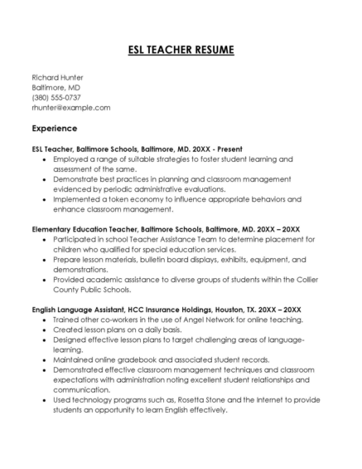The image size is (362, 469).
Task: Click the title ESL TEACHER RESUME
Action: click(x=181, y=51)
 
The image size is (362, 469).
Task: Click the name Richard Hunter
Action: click(x=57, y=77)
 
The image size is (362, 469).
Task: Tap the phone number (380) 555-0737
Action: click(x=56, y=97)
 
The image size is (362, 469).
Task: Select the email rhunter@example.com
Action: click(x=71, y=107)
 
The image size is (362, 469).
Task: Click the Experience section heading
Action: click(x=54, y=129)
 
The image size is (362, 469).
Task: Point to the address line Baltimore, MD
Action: click(x=56, y=87)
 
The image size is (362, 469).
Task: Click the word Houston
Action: click(x=229, y=309)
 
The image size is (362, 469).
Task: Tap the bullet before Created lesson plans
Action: click(x=44, y=330)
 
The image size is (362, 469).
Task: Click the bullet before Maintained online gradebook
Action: click(x=44, y=359)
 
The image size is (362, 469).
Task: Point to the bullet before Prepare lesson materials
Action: click(x=44, y=259)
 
